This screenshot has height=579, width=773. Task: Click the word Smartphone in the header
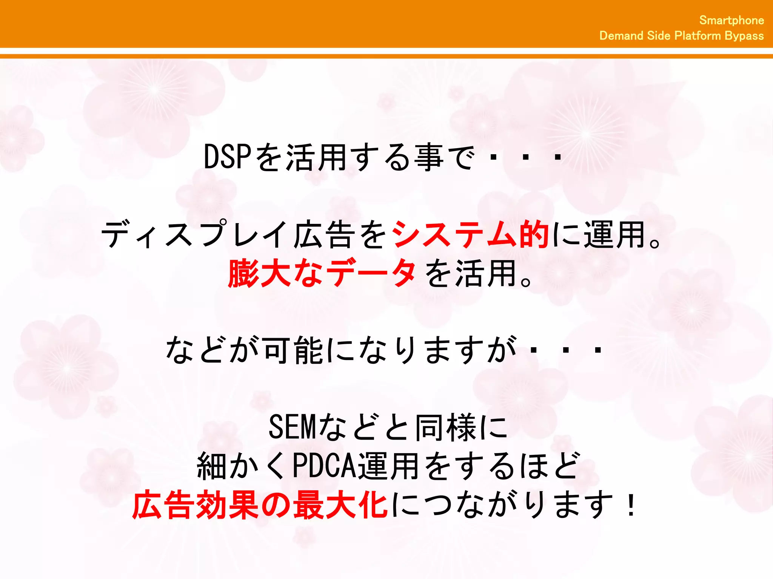click(731, 20)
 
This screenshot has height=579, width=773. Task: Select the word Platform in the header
click(698, 35)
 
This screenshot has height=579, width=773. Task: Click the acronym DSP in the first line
click(227, 157)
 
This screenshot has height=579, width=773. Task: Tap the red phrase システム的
click(470, 234)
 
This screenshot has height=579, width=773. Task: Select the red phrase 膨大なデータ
click(322, 273)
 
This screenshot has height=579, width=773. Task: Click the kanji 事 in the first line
click(429, 157)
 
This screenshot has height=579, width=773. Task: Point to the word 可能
click(293, 350)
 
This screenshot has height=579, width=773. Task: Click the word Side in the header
click(658, 35)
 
